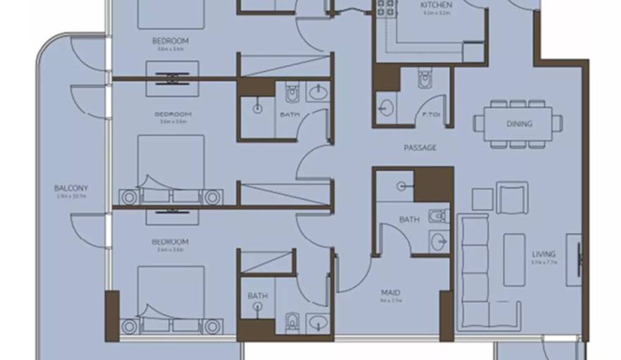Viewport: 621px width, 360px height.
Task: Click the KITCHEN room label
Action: pyautogui.click(x=437, y=5)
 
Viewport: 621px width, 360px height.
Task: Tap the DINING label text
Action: pyautogui.click(x=519, y=124)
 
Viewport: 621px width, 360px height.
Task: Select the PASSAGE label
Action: pyautogui.click(x=420, y=148)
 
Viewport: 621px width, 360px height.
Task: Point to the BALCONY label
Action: pyautogui.click(x=71, y=188)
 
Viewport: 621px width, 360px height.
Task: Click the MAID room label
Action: pyautogui.click(x=390, y=292)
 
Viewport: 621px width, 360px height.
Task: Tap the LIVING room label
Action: pyautogui.click(x=544, y=254)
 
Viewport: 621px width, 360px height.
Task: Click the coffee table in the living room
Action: pyautogui.click(x=514, y=260)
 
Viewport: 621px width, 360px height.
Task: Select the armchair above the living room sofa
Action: pyautogui.click(x=512, y=198)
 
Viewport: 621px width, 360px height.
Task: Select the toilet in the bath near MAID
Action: pyautogui.click(x=438, y=215)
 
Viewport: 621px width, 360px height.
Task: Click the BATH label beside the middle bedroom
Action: pyautogui.click(x=289, y=114)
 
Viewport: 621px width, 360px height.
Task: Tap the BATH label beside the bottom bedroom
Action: pyautogui.click(x=258, y=296)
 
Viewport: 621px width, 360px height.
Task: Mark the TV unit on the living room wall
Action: pyautogui.click(x=579, y=259)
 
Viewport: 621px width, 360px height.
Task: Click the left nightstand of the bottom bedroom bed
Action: pyautogui.click(x=129, y=326)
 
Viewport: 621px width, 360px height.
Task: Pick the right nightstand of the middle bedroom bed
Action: pyautogui.click(x=212, y=197)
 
